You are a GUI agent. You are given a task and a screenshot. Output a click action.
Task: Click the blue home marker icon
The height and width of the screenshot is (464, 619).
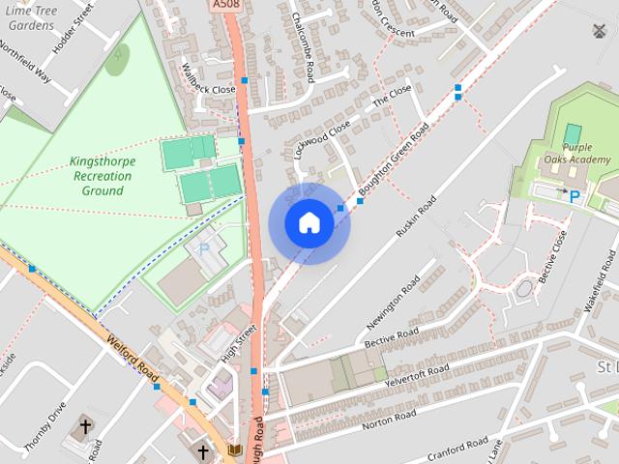(309, 222)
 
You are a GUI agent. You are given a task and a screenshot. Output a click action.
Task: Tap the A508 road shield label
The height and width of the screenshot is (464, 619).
(224, 5)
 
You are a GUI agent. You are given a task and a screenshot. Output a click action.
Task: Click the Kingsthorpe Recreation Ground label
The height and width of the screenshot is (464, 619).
(102, 176)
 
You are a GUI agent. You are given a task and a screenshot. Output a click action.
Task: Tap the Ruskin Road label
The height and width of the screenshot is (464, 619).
(416, 217)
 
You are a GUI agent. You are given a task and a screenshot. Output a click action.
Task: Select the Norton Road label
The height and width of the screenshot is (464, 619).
(389, 417)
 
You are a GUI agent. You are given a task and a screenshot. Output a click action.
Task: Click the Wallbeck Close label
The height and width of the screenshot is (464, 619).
(208, 80)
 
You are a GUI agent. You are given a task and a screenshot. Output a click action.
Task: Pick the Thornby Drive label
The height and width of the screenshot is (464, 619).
(44, 425)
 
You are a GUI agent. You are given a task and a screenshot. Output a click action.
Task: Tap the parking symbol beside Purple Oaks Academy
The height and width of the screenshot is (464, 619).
(575, 196)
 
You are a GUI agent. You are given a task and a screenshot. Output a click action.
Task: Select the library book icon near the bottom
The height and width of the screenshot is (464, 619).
(232, 450)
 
